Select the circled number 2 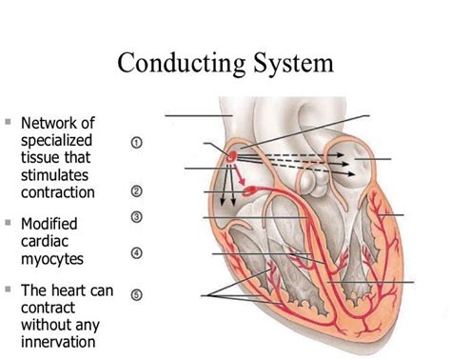point(136,190)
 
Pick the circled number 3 point(136,217)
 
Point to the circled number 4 point(136,253)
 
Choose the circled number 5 point(136,294)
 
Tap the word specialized point(58,141)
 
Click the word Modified point(49,224)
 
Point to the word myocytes point(52,258)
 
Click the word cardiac point(45,241)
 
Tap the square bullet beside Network point(8,123)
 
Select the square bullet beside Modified point(8,223)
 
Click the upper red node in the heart point(232,152)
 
